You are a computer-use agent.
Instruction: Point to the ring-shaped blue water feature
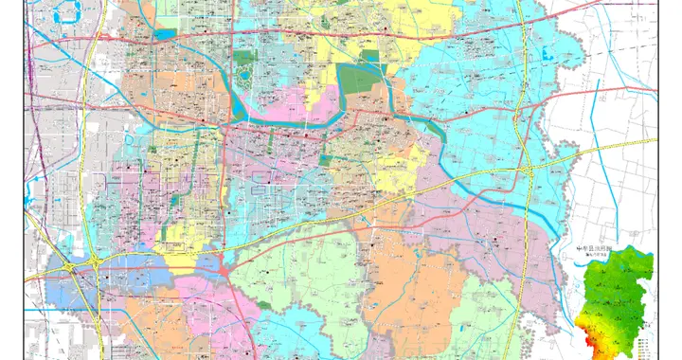(66, 13)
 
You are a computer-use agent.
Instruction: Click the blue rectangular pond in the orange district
(166, 34)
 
